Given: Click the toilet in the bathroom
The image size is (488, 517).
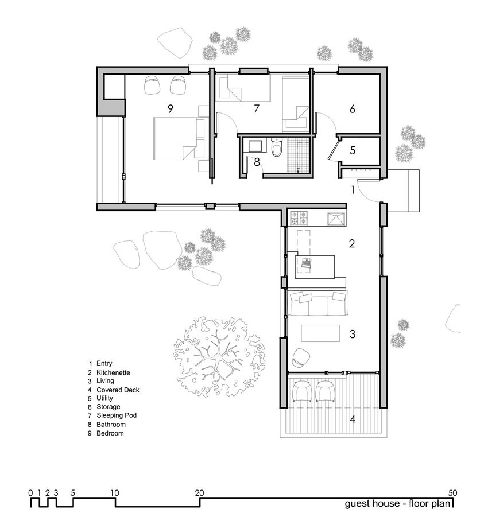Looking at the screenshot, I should pos(277,150).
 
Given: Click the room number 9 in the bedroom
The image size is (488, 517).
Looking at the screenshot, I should pos(171,107).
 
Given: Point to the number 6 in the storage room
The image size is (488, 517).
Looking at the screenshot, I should pos(353,108).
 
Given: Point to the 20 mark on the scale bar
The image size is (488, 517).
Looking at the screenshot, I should pos(199,492).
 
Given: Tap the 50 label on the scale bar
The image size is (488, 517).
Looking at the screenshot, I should pos(454,492).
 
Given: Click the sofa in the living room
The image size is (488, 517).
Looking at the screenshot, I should pos(319,304).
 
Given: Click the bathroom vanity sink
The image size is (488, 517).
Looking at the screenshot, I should pos(253,146).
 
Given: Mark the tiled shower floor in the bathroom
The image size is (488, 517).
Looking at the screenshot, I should pos(299,152).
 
